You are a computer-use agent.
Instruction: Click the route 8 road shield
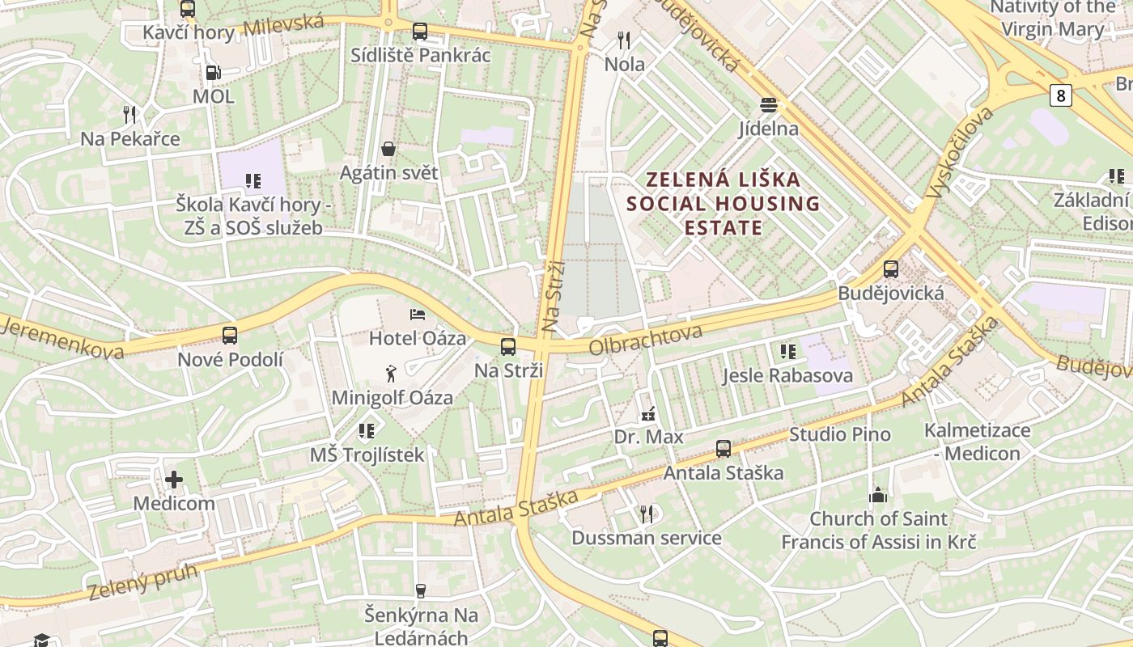[x=1060, y=96]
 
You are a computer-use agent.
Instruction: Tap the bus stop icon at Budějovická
[x=891, y=269]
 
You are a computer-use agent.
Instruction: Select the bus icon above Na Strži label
[x=508, y=347]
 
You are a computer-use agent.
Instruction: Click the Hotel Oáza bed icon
[x=418, y=315]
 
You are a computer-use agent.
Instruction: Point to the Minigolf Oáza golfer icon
[x=392, y=374]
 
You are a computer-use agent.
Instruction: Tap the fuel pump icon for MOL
[x=213, y=73]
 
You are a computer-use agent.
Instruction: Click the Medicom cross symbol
[x=174, y=480]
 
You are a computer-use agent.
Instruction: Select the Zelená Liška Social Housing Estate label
[x=723, y=203]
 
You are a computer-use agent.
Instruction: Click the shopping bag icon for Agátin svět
[x=388, y=149]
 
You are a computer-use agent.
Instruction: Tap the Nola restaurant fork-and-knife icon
[x=624, y=40]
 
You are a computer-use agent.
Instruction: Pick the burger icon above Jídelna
[x=768, y=105]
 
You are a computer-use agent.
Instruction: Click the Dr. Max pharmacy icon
[x=647, y=414]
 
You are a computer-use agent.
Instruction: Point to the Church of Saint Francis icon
[x=878, y=495]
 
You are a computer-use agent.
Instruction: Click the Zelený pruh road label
[x=142, y=581]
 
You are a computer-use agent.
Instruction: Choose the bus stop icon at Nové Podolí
[x=230, y=336]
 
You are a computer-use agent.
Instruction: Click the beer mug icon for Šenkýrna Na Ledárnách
[x=420, y=591]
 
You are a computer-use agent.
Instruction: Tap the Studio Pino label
[x=839, y=434]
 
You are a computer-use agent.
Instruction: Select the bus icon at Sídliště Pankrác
[x=419, y=32]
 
